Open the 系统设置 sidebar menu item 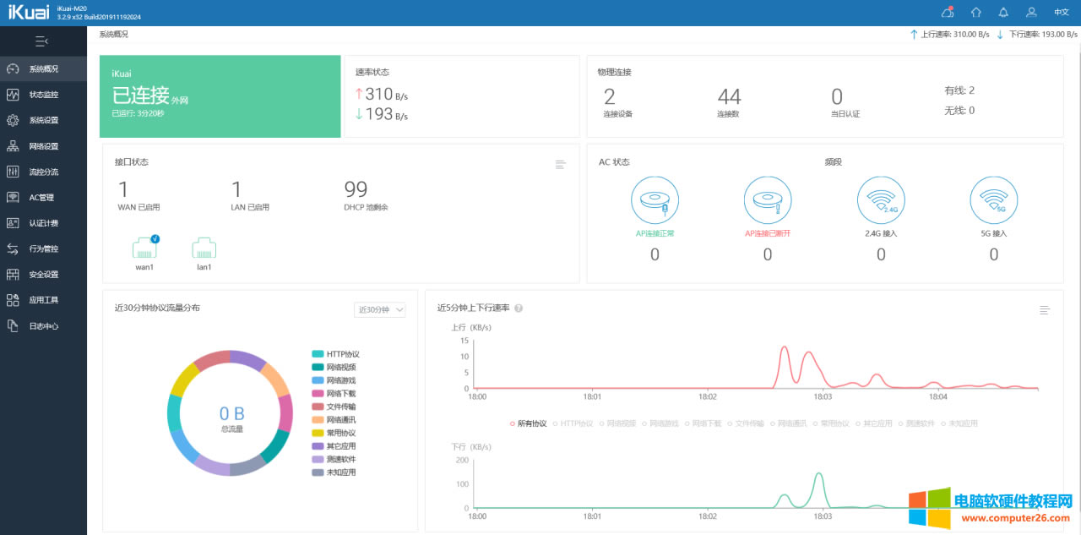coord(43,120)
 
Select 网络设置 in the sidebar coord(43,146)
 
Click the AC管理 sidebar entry coord(41,198)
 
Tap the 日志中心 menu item coord(43,326)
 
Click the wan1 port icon coord(145,248)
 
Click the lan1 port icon coord(204,248)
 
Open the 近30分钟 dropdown coord(379,310)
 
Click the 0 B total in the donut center coord(231,414)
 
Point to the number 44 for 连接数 coord(729,97)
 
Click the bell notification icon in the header coord(1003,13)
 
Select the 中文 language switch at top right coord(1062,13)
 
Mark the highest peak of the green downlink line coord(818,473)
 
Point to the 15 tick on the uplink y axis coord(464,341)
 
